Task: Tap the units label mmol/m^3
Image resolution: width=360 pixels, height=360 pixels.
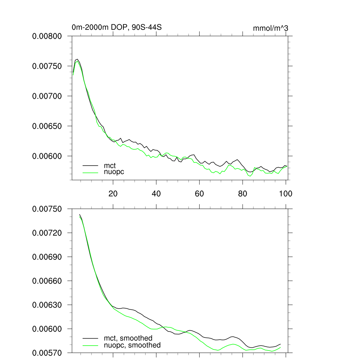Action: pyautogui.click(x=270, y=28)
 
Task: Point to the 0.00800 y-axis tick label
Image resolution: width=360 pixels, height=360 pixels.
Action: pyautogui.click(x=47, y=36)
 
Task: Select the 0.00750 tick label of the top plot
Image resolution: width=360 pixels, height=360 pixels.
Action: pyautogui.click(x=47, y=66)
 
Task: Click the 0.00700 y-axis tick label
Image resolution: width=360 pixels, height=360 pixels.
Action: pyautogui.click(x=47, y=96)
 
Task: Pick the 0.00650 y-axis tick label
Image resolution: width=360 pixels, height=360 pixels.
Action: pyautogui.click(x=47, y=126)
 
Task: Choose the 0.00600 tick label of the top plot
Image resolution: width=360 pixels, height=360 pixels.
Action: pyautogui.click(x=47, y=156)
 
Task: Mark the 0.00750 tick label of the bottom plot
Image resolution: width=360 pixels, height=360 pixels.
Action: pyautogui.click(x=47, y=209)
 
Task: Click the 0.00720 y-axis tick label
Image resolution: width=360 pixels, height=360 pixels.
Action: pyautogui.click(x=47, y=233)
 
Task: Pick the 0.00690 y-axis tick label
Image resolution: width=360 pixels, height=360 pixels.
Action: pyautogui.click(x=47, y=257)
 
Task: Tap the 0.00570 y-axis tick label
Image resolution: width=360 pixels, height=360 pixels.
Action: pyautogui.click(x=47, y=353)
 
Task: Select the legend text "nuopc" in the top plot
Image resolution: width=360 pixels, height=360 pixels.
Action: pyautogui.click(x=114, y=172)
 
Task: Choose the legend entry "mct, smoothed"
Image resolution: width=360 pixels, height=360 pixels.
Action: pyautogui.click(x=128, y=338)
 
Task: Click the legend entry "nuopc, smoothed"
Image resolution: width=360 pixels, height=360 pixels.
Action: pyautogui.click(x=132, y=345)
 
